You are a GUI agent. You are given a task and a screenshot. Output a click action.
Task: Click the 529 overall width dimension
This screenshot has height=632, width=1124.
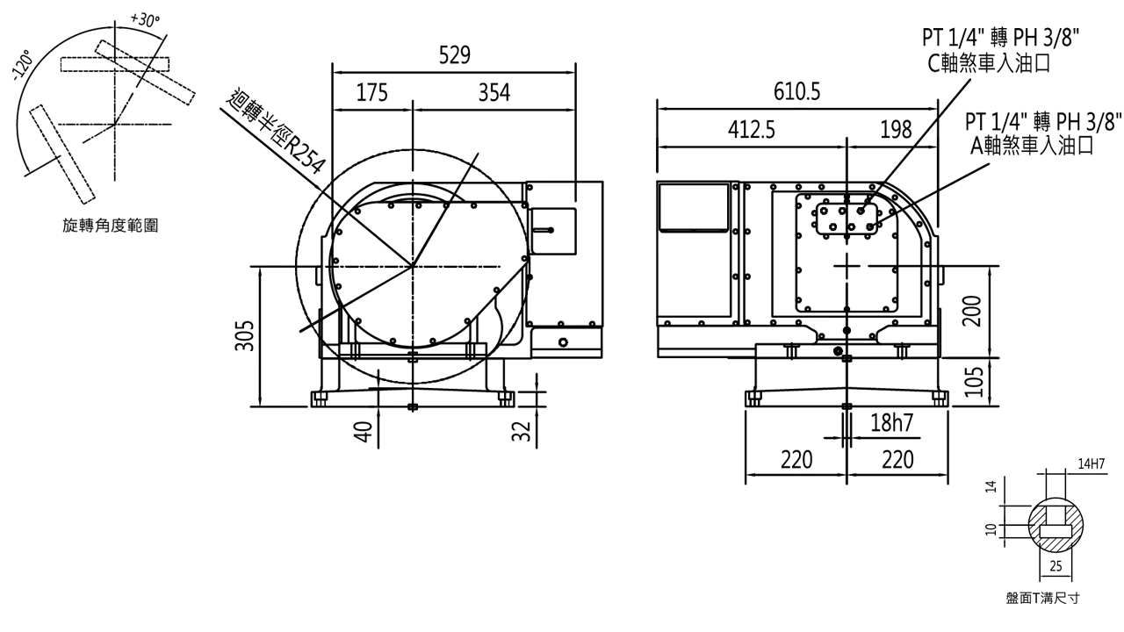point(453,56)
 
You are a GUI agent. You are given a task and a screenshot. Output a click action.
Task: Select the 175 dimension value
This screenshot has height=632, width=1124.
point(372,93)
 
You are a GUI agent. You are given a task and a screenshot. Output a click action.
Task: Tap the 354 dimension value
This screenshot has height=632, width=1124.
point(494,93)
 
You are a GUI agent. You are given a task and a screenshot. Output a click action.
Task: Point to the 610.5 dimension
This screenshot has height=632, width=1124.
point(796,90)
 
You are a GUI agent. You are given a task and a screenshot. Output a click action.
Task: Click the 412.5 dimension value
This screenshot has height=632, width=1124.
point(752,131)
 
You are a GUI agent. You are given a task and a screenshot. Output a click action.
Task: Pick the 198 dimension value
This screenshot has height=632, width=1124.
point(895,131)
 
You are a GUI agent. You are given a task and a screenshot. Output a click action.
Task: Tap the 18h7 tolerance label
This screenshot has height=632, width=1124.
point(891,424)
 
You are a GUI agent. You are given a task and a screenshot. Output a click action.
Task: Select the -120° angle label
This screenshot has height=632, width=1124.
point(21,68)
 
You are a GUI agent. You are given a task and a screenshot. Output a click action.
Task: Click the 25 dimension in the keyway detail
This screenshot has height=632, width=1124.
point(1056,567)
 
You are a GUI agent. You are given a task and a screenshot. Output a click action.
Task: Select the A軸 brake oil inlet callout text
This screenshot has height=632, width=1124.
point(1036,145)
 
